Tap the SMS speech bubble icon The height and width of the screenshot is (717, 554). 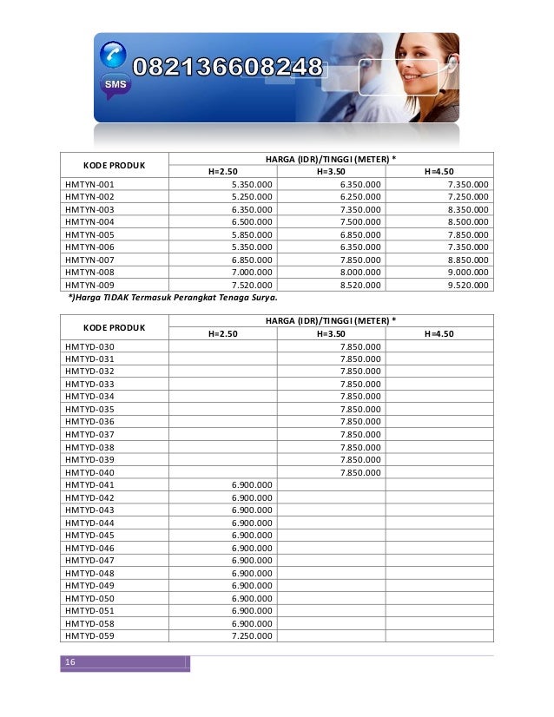[114, 85]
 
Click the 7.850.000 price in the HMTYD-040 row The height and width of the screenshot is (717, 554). [359, 472]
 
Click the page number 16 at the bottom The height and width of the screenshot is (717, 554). [68, 663]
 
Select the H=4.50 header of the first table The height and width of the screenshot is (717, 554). [439, 171]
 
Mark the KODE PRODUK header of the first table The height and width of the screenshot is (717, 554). [113, 165]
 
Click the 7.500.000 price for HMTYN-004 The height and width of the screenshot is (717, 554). [359, 221]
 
